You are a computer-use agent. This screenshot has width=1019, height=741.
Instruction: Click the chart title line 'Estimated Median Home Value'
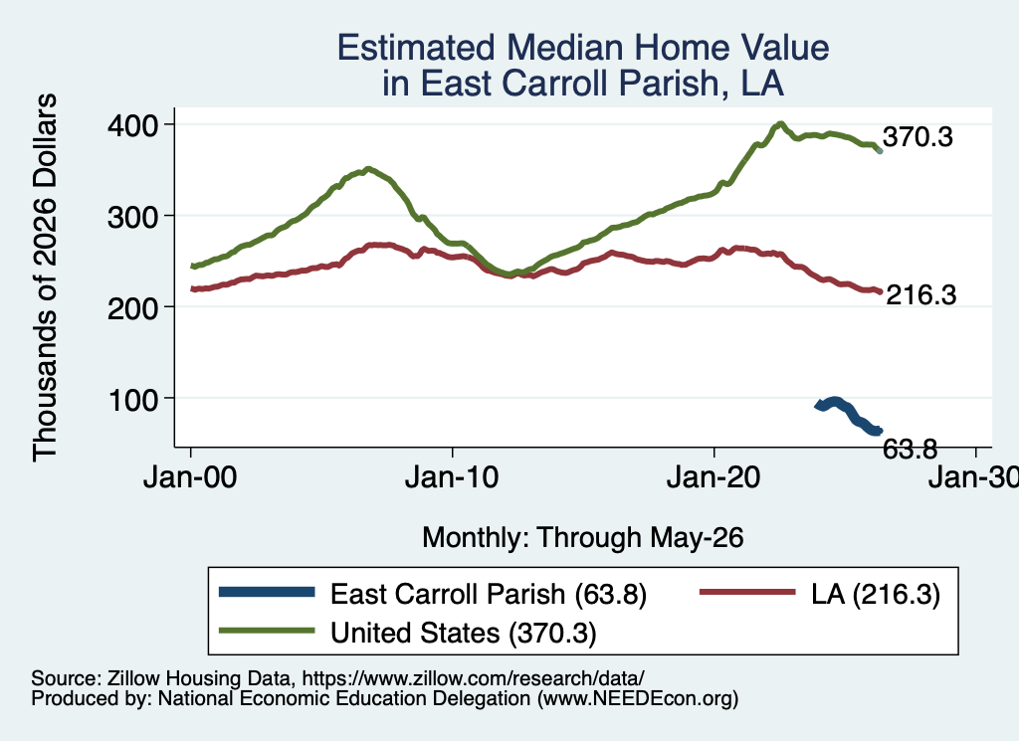click(x=583, y=48)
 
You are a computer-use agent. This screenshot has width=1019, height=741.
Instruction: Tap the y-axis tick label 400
click(x=132, y=124)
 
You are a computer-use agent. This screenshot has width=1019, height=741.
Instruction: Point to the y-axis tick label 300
click(x=132, y=216)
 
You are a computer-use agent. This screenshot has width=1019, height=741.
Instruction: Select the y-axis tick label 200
click(x=132, y=307)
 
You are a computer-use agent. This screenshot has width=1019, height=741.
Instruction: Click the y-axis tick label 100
click(x=132, y=400)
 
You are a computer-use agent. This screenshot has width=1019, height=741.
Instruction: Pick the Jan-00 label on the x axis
click(x=190, y=477)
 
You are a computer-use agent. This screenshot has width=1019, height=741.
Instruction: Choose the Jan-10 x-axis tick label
click(x=452, y=477)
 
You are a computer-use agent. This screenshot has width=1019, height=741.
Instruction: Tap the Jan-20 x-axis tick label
click(x=713, y=477)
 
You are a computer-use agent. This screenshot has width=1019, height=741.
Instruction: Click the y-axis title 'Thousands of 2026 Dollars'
click(x=45, y=278)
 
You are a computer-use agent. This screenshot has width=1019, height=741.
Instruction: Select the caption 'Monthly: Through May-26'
click(x=583, y=538)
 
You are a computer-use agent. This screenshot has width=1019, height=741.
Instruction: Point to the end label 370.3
click(x=917, y=137)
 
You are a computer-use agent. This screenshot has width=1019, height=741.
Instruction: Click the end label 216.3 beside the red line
click(x=921, y=294)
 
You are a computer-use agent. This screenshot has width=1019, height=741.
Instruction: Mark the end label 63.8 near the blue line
click(x=910, y=449)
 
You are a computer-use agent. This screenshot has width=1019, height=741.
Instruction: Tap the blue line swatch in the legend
click(x=267, y=592)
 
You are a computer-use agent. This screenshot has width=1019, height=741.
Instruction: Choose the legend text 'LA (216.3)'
click(x=876, y=594)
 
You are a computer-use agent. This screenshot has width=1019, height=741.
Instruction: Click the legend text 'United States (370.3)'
click(x=464, y=634)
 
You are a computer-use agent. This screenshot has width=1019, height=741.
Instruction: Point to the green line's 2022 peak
click(x=780, y=124)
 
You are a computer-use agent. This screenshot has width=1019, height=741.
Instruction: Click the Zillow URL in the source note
click(x=473, y=678)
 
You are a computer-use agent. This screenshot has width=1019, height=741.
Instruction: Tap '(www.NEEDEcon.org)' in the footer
click(x=638, y=698)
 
